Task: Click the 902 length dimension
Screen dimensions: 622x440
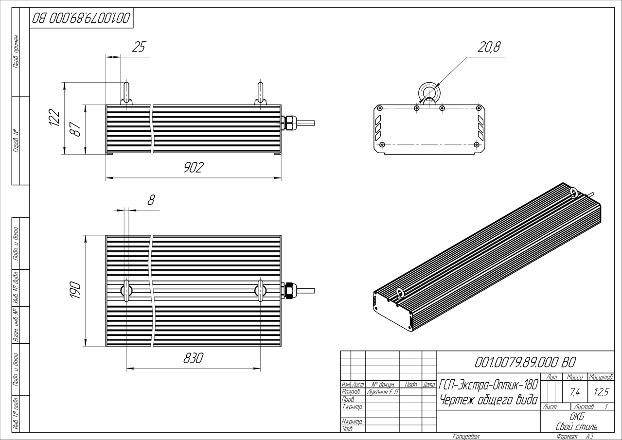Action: click(194, 167)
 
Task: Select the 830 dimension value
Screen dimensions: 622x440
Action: click(193, 358)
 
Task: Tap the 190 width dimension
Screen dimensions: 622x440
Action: click(75, 290)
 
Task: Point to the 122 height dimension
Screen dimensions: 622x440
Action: click(54, 118)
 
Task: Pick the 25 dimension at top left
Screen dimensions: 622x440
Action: click(139, 47)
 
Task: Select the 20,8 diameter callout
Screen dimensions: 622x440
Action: click(489, 47)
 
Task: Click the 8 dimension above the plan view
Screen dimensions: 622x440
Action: click(151, 200)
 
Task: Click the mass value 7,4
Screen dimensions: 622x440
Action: click(575, 392)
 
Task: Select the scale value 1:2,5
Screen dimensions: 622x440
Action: click(602, 392)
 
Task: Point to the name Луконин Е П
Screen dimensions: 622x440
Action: click(383, 392)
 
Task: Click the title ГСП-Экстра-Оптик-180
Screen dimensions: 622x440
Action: click(488, 385)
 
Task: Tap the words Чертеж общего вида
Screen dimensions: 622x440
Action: click(489, 400)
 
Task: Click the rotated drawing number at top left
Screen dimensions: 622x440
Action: click(81, 18)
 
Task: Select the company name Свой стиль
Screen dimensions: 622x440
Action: click(577, 426)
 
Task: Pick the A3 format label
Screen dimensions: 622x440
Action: click(589, 437)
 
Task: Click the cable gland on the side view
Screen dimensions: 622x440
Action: click(289, 123)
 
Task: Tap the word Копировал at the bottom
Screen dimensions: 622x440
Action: click(466, 437)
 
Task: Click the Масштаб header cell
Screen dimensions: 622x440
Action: click(601, 377)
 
